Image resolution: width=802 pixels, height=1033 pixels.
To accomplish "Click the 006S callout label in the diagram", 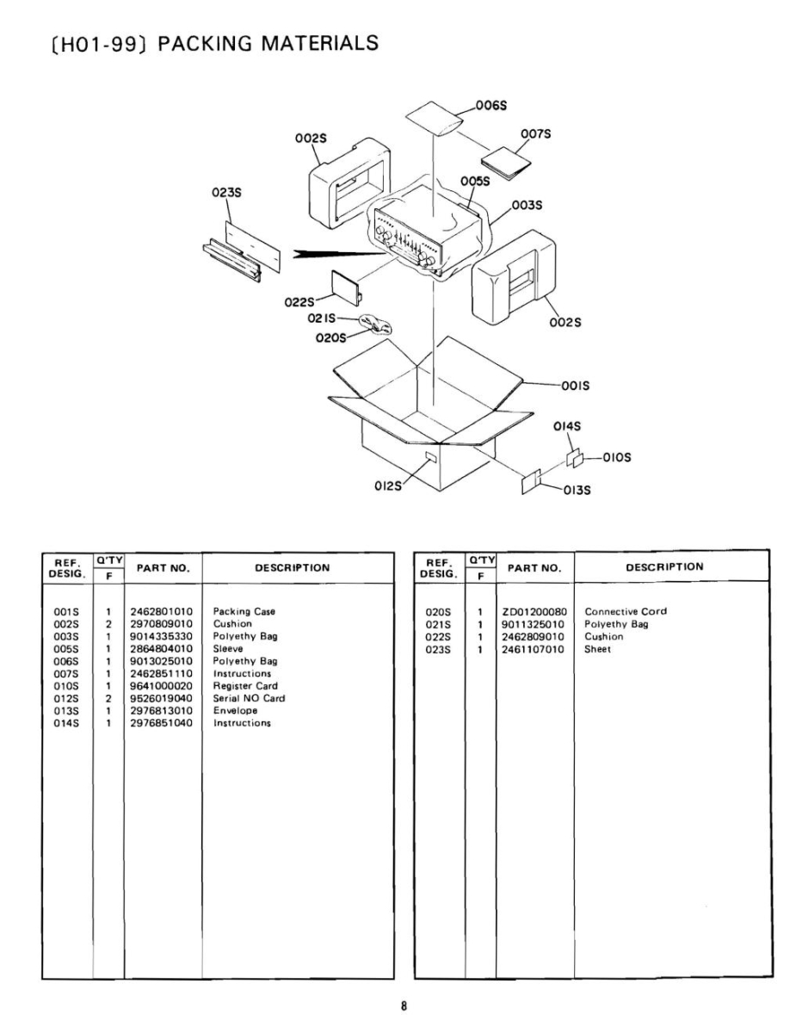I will click(x=492, y=105).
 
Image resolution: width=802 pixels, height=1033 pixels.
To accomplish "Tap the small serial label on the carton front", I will click(x=431, y=455).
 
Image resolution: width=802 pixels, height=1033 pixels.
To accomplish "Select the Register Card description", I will click(x=245, y=686).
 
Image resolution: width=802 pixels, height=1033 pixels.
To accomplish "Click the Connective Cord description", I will click(x=626, y=612).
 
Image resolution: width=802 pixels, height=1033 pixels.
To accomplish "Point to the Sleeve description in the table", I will click(x=228, y=649).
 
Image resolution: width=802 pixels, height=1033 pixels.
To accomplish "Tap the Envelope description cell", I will click(x=235, y=711).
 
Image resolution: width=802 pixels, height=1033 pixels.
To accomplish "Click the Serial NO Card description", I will click(x=249, y=698).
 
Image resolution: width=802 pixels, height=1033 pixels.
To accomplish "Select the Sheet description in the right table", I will click(x=597, y=649).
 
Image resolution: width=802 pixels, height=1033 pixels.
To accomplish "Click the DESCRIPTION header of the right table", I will click(x=664, y=566).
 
